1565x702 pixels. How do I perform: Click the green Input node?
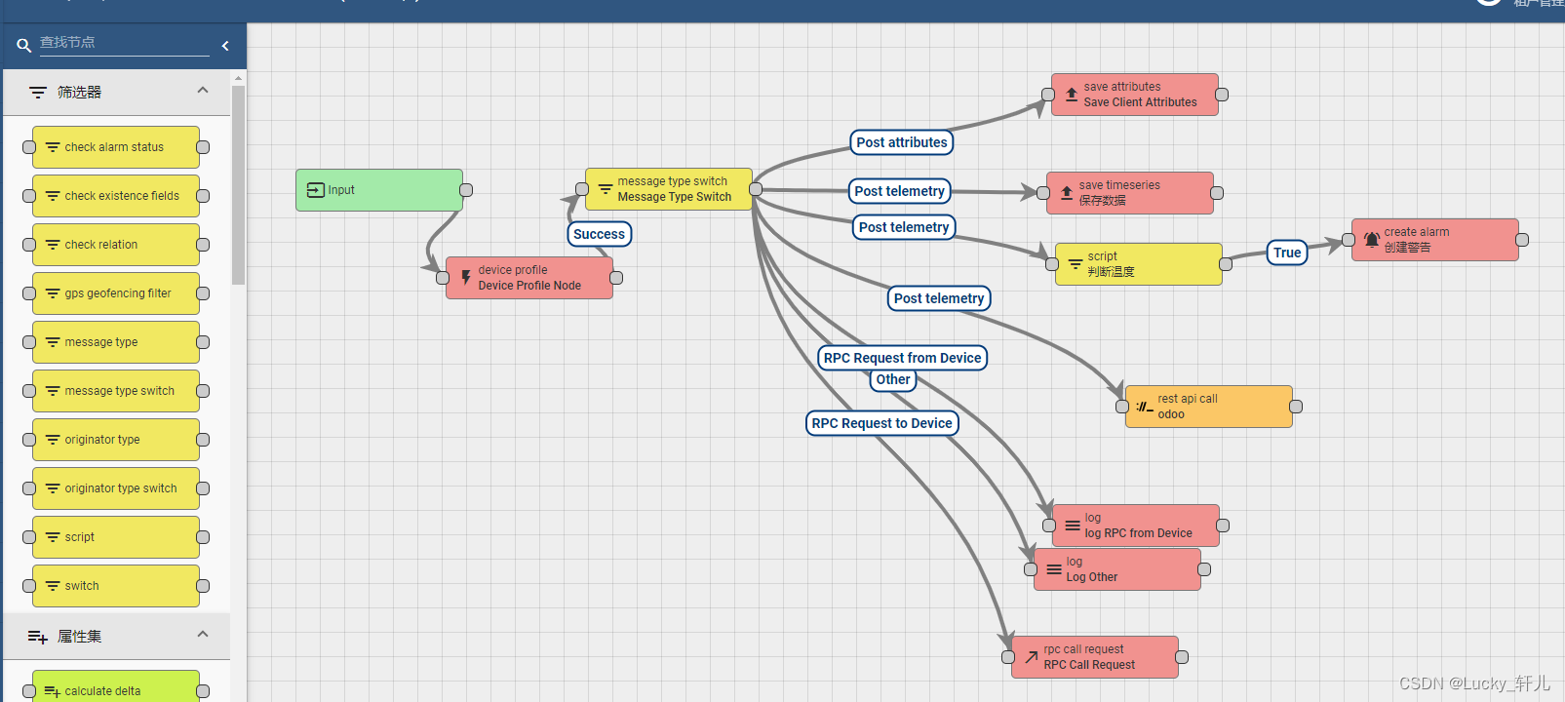click(379, 190)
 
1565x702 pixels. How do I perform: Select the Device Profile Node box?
click(529, 278)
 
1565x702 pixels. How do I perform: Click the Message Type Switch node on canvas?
click(669, 189)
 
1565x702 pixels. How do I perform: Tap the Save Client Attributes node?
click(1135, 95)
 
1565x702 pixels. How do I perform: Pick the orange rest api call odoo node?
click(1209, 407)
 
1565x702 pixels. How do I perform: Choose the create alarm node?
click(1434, 240)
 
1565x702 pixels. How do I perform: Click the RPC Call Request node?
click(1095, 657)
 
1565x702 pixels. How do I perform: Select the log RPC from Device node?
click(1136, 526)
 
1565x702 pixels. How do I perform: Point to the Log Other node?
click(1117, 569)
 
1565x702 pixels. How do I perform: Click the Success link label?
click(599, 234)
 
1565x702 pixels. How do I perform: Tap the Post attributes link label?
click(902, 142)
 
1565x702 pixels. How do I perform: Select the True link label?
click(1287, 253)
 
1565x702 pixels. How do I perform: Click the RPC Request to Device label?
click(881, 423)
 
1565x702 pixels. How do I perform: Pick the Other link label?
click(893, 379)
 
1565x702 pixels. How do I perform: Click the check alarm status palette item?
click(116, 147)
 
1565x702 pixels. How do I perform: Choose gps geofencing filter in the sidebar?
click(116, 293)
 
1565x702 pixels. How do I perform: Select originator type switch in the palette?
click(116, 488)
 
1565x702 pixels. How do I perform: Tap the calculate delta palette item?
click(116, 688)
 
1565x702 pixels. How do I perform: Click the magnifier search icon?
click(24, 45)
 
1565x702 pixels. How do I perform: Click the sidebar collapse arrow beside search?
click(225, 45)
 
